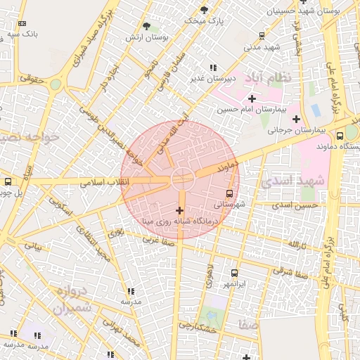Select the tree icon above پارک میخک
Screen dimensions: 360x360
(204, 9)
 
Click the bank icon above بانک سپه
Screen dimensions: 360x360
(22, 23)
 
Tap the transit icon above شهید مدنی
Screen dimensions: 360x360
(262, 35)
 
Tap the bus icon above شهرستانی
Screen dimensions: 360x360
(230, 193)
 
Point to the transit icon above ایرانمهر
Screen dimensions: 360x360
(234, 273)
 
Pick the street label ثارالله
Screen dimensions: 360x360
(298, 243)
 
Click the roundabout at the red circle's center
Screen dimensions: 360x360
(180, 179)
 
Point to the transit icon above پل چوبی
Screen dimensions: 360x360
(8, 181)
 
